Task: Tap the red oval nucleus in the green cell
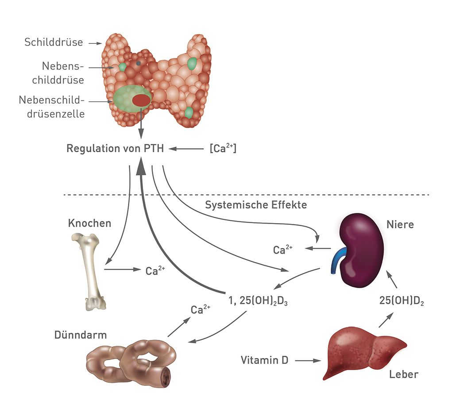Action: (141, 100)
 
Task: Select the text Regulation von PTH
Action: (115, 149)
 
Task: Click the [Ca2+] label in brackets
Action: (223, 149)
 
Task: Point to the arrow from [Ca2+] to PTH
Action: (186, 149)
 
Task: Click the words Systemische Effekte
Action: (256, 205)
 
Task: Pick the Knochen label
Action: (89, 223)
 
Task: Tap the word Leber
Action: (403, 374)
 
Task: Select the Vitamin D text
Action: (264, 360)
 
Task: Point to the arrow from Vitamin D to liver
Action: (307, 361)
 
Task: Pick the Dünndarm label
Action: (81, 335)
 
